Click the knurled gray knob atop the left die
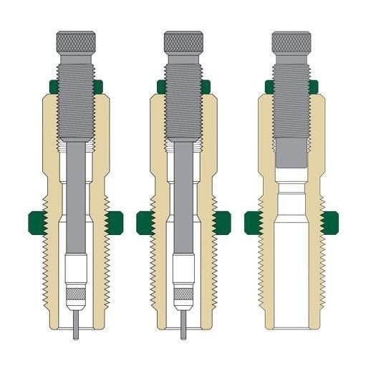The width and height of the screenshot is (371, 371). tap(76, 42)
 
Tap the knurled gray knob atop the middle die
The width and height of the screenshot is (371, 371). tap(183, 42)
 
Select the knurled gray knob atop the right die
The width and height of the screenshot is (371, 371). tap(291, 42)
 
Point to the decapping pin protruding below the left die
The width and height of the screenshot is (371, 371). tap(76, 323)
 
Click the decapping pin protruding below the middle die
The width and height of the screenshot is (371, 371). tap(183, 323)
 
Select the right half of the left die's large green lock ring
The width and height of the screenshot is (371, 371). tap(115, 223)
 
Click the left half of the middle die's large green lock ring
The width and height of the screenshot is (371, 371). tap(145, 223)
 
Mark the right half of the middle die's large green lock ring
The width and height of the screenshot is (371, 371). tap(222, 223)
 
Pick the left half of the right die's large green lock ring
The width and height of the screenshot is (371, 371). tap(252, 223)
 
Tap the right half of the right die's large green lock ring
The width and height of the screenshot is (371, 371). tap(329, 223)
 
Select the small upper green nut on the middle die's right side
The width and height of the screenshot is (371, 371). tap(206, 87)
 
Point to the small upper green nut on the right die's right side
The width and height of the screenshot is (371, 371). tap(314, 87)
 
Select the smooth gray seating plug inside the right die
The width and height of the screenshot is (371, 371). tap(291, 150)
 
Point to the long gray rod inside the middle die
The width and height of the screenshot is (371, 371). tap(183, 201)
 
